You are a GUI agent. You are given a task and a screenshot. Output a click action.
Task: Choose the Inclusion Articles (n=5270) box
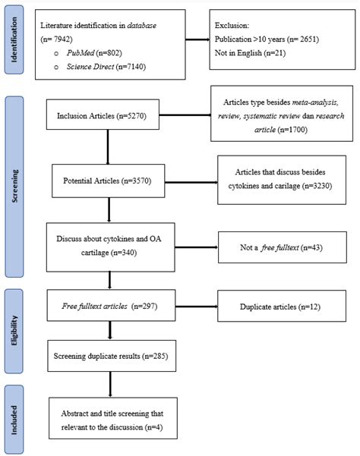108,117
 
